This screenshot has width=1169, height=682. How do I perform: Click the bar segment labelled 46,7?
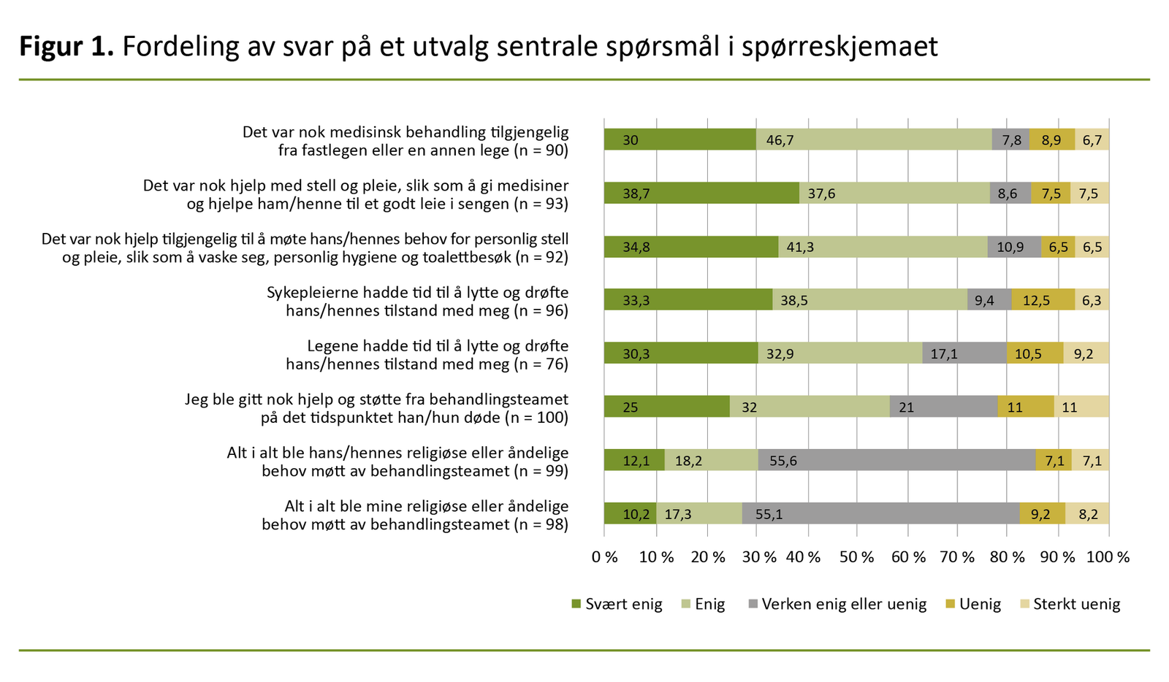873,139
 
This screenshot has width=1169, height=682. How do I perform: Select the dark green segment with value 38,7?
701,193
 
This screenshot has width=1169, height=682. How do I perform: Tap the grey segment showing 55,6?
896,460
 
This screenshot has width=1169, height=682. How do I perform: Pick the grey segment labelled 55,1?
880,513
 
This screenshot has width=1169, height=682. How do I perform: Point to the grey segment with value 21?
943,407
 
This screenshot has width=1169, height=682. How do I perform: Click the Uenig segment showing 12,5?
1043,300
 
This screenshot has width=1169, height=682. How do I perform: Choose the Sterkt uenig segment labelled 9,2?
1086,353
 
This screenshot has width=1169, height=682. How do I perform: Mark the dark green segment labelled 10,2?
630,513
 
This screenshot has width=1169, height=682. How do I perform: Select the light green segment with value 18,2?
711,460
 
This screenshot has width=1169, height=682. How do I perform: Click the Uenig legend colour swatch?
950,605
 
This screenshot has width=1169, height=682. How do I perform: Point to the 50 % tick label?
856,557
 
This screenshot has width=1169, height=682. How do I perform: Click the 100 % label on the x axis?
1108,557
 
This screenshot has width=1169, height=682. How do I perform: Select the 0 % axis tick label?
605,557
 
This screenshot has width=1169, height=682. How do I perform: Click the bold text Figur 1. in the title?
66,47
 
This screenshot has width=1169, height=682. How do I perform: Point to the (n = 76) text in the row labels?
541,364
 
